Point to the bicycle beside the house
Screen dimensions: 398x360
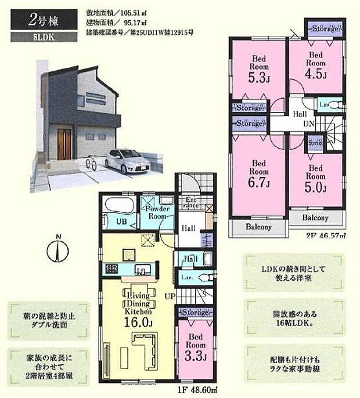[x=91, y=163]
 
